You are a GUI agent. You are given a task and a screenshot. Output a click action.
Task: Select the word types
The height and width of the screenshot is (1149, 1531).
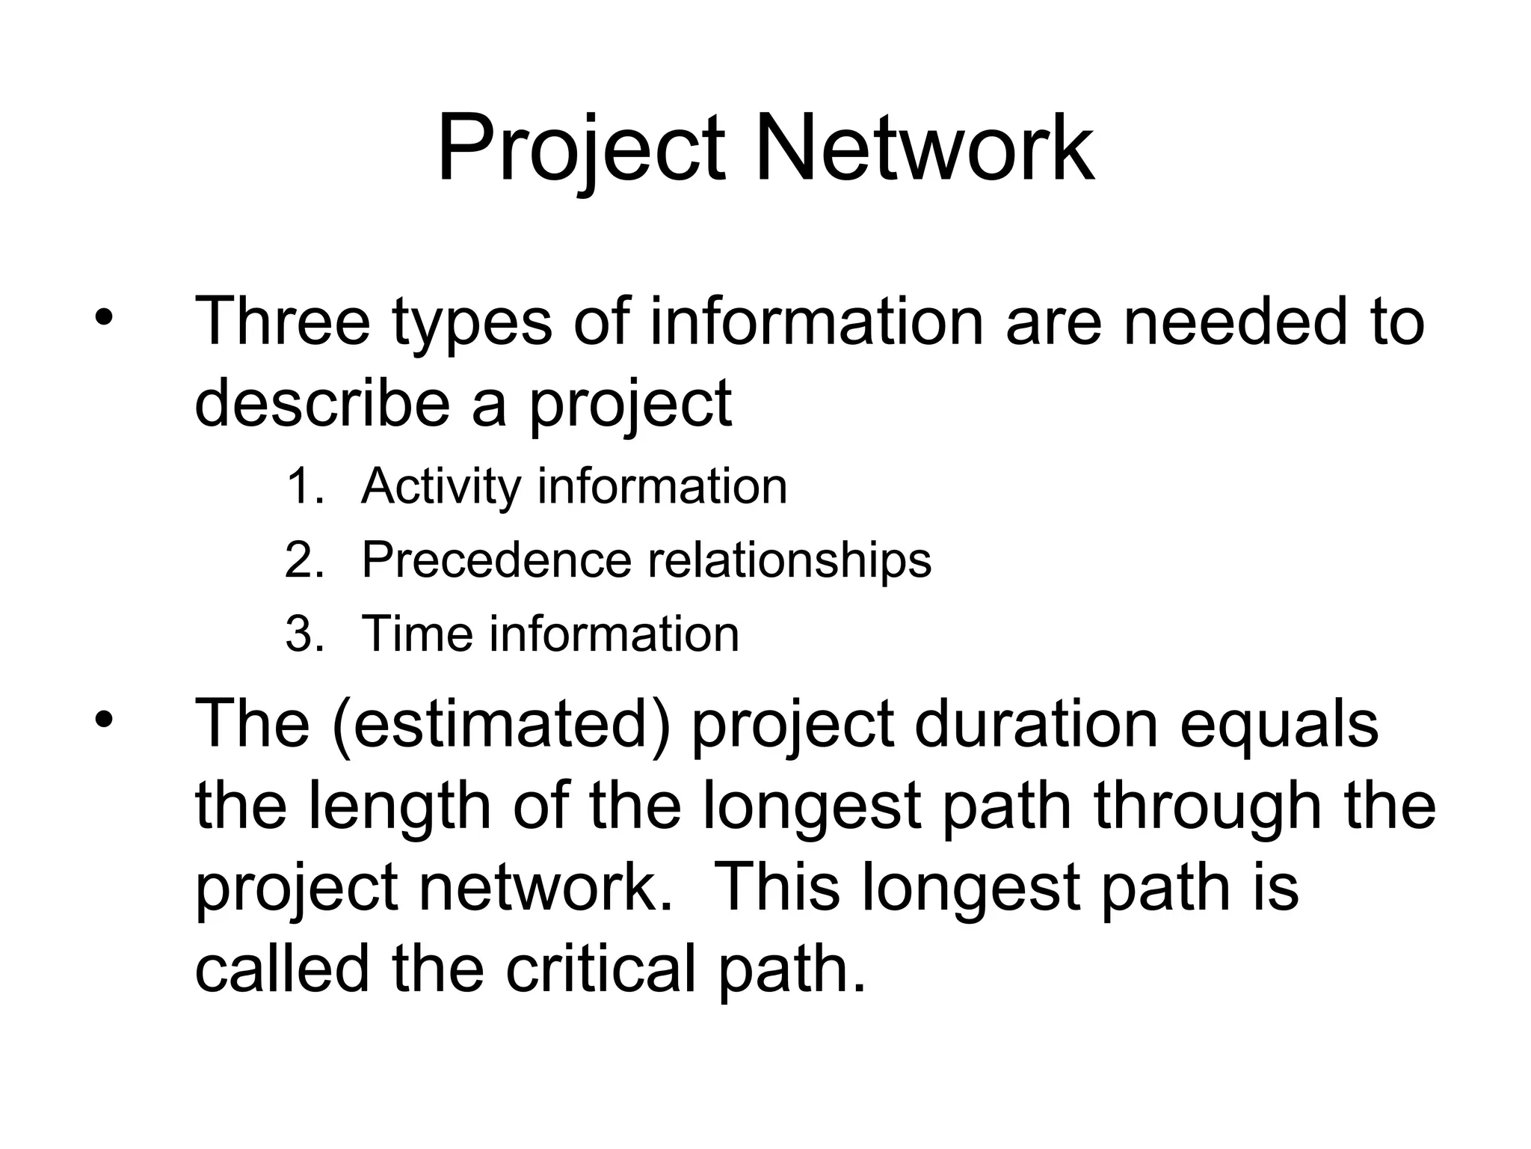tap(472, 323)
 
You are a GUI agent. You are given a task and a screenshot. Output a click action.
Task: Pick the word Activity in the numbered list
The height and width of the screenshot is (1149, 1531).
tap(441, 487)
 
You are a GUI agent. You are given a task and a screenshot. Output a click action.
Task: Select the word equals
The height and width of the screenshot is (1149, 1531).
tap(1278, 724)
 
